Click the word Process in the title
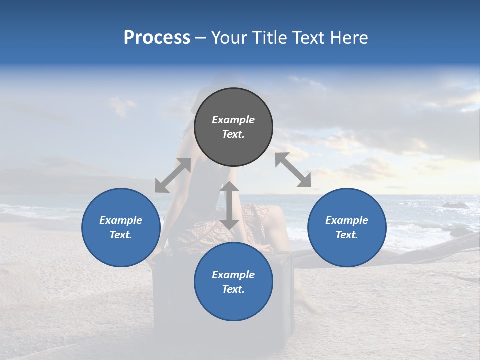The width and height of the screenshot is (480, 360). [157, 38]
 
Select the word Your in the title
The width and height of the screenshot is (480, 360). [229, 38]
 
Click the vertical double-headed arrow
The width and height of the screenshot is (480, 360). [229, 205]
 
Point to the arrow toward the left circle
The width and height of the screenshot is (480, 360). [173, 175]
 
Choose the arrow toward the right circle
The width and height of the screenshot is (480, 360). [293, 170]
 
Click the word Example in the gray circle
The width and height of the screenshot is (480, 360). [233, 120]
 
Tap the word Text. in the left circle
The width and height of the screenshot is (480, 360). [121, 235]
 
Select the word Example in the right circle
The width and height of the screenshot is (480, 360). [347, 220]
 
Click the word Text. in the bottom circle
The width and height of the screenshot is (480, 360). [233, 289]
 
